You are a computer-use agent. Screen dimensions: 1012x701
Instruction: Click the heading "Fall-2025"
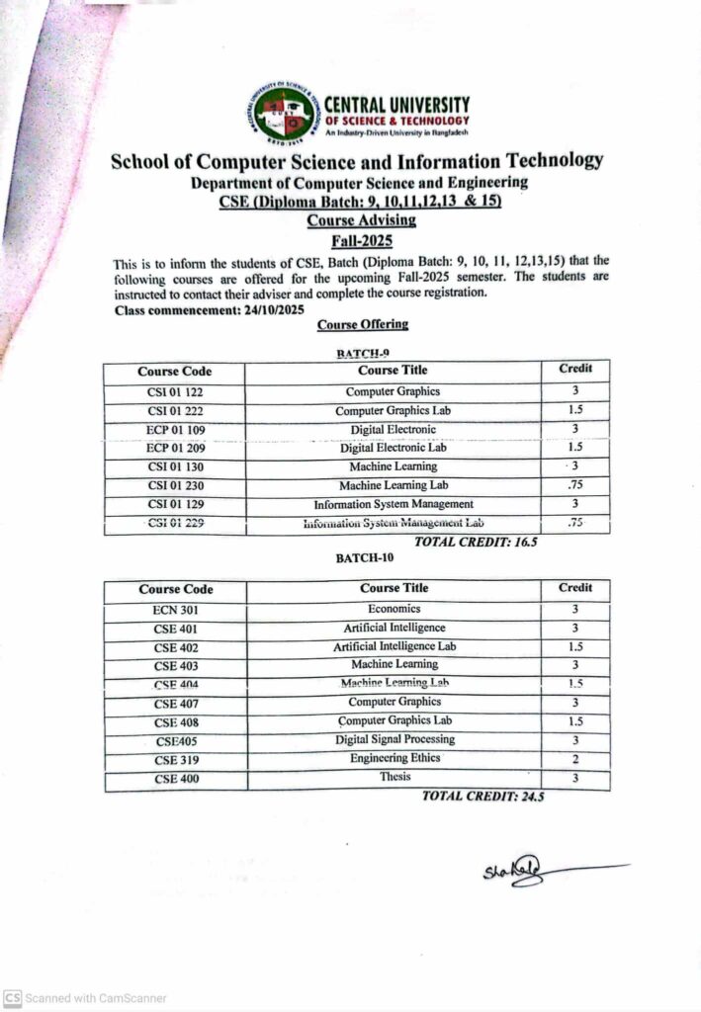point(361,240)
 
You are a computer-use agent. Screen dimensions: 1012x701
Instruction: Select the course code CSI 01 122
point(175,392)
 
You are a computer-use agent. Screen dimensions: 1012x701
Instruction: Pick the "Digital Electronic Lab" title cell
point(393,448)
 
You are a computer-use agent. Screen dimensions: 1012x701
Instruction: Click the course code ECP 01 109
point(175,430)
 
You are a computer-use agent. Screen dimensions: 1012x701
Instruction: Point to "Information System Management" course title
point(393,504)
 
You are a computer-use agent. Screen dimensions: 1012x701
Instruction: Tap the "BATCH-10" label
point(363,558)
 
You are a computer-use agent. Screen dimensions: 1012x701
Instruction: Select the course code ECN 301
point(175,610)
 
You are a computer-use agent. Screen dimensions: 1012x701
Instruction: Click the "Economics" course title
point(394,609)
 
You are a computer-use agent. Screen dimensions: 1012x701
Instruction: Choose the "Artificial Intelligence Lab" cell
point(394,646)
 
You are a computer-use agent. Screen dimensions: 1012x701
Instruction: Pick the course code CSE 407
point(175,704)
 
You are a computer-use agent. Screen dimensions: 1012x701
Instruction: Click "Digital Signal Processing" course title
point(394,739)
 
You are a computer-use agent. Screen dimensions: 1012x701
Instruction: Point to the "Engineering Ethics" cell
point(394,758)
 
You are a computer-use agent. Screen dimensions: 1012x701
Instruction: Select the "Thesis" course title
point(394,777)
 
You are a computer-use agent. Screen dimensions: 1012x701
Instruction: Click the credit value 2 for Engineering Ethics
point(574,759)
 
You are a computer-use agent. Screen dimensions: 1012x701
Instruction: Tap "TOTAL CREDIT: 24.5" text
point(482,797)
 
